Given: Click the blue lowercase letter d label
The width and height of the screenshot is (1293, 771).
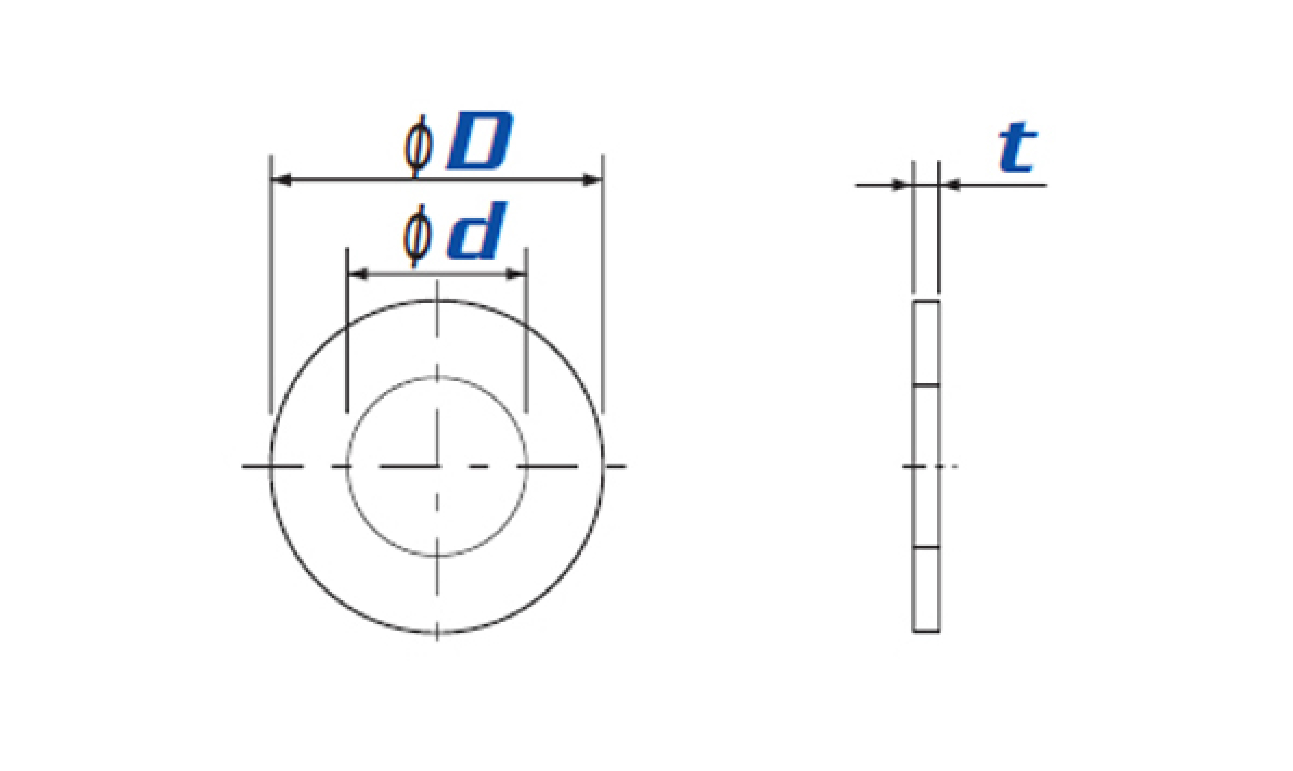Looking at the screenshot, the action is (x=477, y=230).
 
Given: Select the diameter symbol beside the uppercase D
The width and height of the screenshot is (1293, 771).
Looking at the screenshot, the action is (x=418, y=146).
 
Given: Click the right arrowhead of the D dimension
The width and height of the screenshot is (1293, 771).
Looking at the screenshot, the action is (x=592, y=180).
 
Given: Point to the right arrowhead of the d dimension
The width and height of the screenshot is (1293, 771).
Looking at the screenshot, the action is (x=516, y=274).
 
